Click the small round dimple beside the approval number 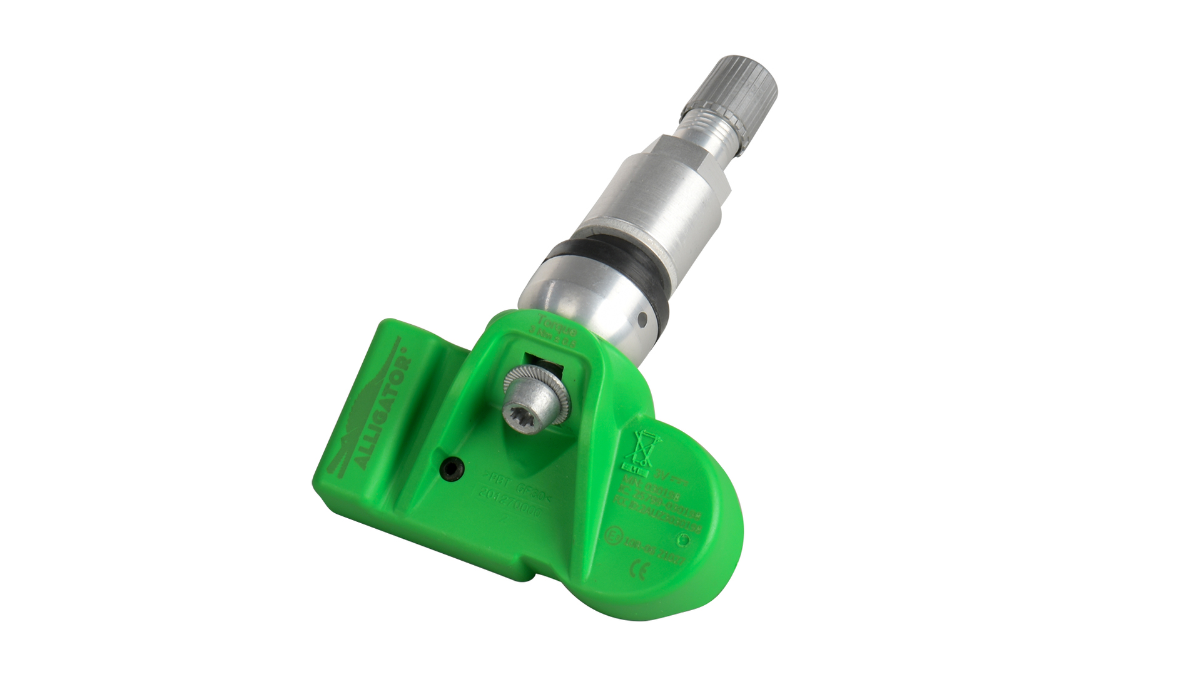click(683, 538)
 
